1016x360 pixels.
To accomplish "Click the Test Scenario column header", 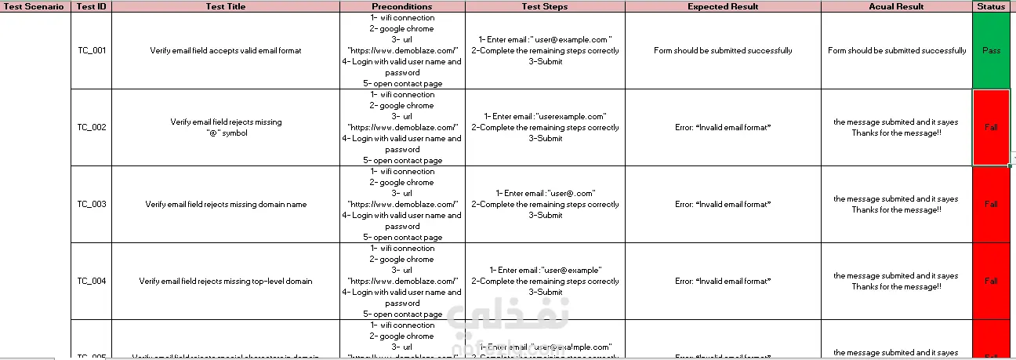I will pyautogui.click(x=34, y=6).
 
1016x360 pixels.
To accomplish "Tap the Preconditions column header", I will pyautogui.click(x=401, y=6).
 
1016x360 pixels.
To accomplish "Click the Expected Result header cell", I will pyautogui.click(x=723, y=6).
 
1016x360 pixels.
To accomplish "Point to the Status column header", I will pyautogui.click(x=991, y=6).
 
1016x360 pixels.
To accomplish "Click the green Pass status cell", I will pyautogui.click(x=991, y=50).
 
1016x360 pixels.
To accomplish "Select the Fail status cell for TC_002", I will pyautogui.click(x=991, y=127).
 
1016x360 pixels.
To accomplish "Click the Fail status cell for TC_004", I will pyautogui.click(x=991, y=281).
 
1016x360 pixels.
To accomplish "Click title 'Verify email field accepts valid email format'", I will pyautogui.click(x=226, y=50).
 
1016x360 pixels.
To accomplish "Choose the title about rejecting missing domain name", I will pyautogui.click(x=226, y=204).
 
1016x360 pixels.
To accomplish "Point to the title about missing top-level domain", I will pyautogui.click(x=226, y=281).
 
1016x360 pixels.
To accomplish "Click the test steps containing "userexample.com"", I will pyautogui.click(x=545, y=127).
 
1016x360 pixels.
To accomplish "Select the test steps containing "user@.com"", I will pyautogui.click(x=545, y=204).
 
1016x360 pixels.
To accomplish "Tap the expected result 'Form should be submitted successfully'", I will pyautogui.click(x=723, y=50).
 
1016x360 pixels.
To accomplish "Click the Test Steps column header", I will pyautogui.click(x=545, y=6).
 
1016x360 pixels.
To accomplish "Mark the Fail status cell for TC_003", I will pyautogui.click(x=991, y=204).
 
